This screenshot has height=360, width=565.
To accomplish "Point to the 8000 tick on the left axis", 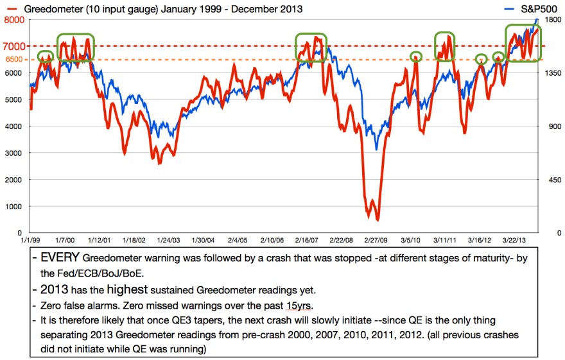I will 13,20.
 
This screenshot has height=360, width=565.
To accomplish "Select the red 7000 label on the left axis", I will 13,46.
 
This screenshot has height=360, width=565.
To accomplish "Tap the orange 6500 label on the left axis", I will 13,60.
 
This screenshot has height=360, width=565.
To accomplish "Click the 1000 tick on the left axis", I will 14,206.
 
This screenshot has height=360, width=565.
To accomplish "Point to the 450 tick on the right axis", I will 550,179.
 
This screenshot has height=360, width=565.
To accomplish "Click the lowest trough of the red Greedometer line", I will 378,219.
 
